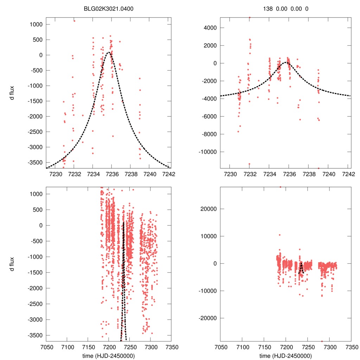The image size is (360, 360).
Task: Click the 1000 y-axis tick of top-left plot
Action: coord(36,24)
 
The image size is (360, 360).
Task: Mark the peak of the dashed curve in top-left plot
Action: coord(109,52)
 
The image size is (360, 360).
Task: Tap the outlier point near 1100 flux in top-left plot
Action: coord(75,21)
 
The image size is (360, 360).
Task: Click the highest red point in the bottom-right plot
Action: coord(280,187)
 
